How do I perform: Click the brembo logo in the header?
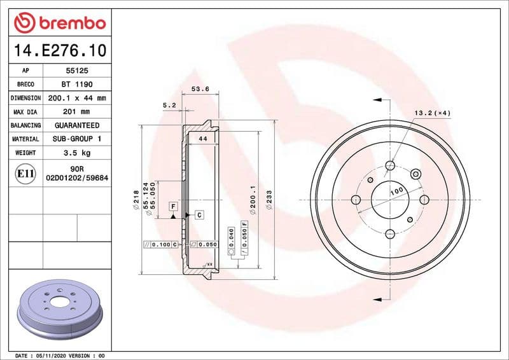59,24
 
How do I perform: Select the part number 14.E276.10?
59,50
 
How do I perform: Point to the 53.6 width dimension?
200,90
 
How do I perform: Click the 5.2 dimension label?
169,105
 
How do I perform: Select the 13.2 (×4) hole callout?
433,113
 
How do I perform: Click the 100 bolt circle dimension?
398,191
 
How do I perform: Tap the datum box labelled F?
172,206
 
